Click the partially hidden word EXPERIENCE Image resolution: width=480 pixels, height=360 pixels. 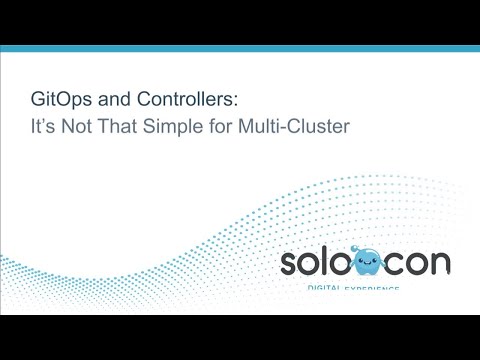coord(375,288)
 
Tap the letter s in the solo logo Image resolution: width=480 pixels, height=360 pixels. coord(290,265)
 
